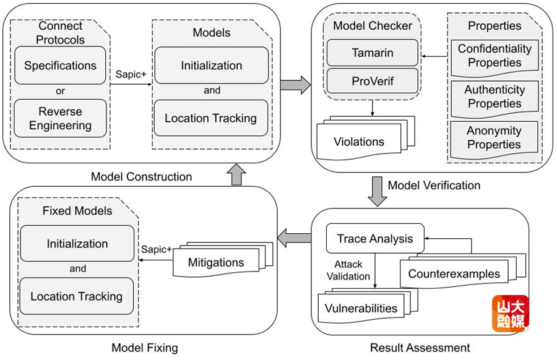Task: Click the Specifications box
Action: pyautogui.click(x=60, y=66)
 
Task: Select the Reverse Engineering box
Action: pyautogui.click(x=60, y=119)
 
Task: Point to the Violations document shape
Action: pyautogui.click(x=359, y=142)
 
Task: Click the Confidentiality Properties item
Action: pyautogui.click(x=494, y=56)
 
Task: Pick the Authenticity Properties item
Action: pyautogui.click(x=494, y=96)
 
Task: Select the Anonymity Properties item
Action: pyautogui.click(x=494, y=137)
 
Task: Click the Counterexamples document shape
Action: pyautogui.click(x=454, y=273)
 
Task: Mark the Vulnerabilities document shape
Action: pyautogui.click(x=361, y=307)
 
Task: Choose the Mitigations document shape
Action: pyautogui.click(x=215, y=262)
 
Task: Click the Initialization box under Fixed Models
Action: pyautogui.click(x=77, y=244)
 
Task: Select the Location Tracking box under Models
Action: pyautogui.click(x=210, y=118)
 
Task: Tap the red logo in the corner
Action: pyautogui.click(x=510, y=314)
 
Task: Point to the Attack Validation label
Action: pyautogui.click(x=348, y=270)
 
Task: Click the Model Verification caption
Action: pyautogui.click(x=434, y=185)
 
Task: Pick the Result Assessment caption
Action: pyautogui.click(x=420, y=348)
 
